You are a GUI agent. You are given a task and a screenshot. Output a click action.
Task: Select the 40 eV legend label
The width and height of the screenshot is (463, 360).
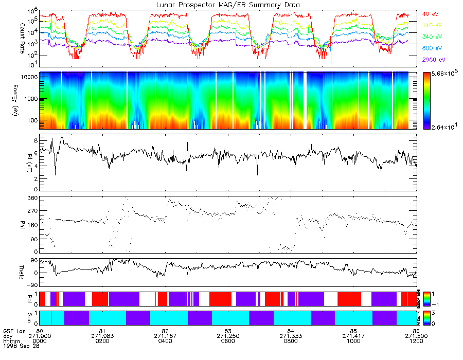[431, 14]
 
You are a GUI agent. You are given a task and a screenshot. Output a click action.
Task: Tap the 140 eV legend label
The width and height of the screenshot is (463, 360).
[432, 25]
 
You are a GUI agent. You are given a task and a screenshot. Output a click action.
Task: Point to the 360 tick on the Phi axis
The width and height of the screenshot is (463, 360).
[31, 198]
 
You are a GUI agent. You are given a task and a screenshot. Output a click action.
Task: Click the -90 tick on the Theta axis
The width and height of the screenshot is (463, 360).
[30, 285]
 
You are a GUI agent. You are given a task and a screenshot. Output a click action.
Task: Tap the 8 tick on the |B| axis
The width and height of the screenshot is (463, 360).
[34, 140]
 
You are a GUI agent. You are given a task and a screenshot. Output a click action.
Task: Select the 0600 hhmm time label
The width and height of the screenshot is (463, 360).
[228, 340]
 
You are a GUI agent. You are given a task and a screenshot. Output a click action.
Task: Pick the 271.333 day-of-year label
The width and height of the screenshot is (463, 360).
[291, 335]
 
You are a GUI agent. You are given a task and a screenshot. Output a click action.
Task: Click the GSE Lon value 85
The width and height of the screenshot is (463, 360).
[353, 330]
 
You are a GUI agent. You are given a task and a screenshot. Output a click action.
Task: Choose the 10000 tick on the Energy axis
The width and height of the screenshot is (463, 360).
[29, 76]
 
